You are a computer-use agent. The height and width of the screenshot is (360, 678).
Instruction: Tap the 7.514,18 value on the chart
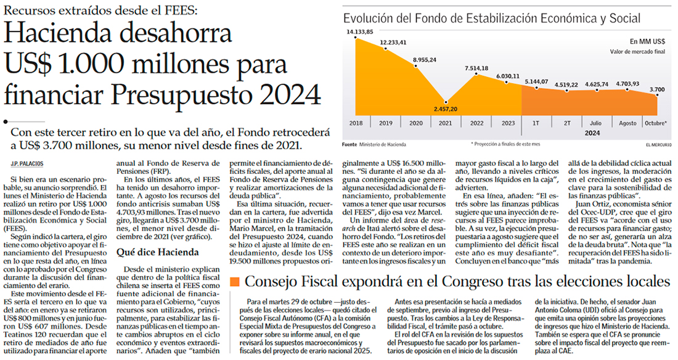pos(476,68)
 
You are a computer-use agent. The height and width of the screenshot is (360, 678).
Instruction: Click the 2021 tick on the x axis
pos(445,123)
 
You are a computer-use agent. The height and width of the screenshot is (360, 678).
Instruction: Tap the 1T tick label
pos(536,123)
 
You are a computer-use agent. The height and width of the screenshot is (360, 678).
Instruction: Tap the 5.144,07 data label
pos(536,81)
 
